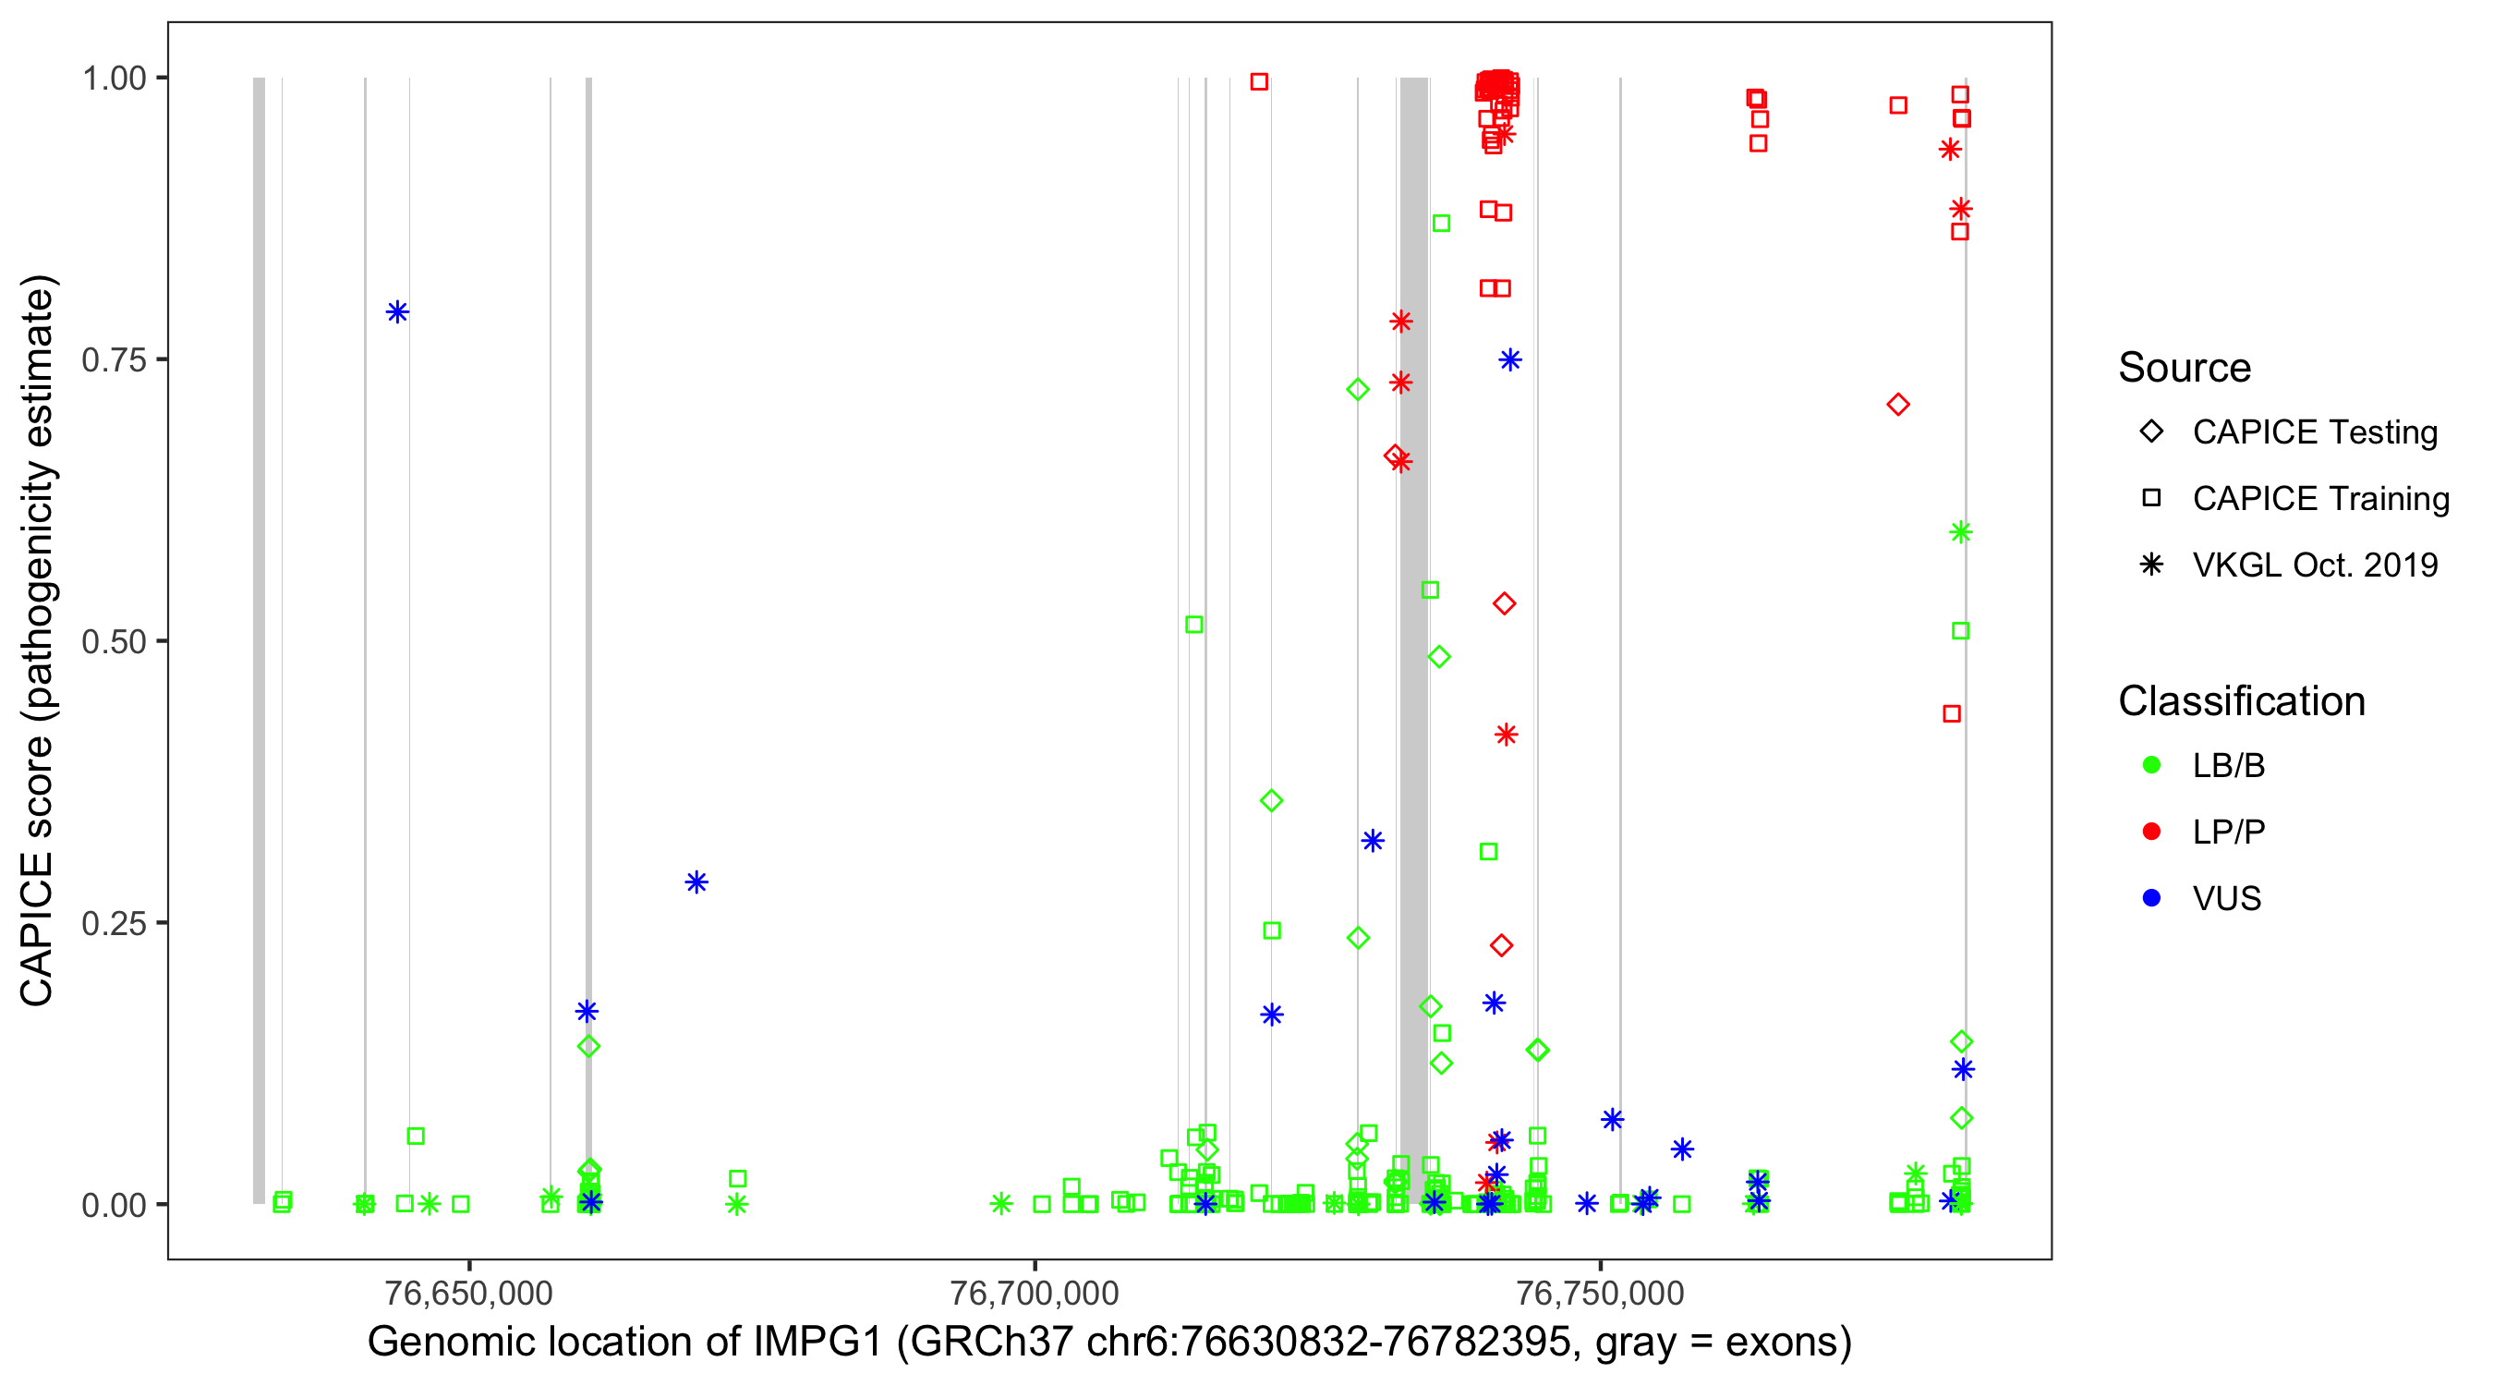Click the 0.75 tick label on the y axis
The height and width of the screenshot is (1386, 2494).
(x=113, y=359)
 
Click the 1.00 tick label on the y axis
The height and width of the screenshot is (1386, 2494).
(x=113, y=78)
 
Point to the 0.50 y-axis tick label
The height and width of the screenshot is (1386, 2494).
(x=113, y=641)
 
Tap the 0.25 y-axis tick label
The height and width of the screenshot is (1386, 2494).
(x=113, y=923)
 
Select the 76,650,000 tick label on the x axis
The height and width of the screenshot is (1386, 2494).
(x=468, y=1293)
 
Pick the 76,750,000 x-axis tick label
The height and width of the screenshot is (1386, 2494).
(x=1600, y=1293)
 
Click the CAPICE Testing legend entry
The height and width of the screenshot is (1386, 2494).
(x=2314, y=432)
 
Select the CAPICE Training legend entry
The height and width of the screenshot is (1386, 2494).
(x=2319, y=499)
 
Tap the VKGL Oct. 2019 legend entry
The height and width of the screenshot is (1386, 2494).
(x=2314, y=565)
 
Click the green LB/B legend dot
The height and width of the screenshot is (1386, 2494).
(x=2151, y=765)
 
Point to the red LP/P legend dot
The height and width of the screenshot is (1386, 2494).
(x=2151, y=832)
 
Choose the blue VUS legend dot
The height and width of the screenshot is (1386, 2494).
(x=2151, y=898)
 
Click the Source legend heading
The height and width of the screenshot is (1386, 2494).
(x=2185, y=368)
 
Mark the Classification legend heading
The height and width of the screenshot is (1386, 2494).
(x=2241, y=701)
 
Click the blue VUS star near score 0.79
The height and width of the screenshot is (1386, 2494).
(x=397, y=312)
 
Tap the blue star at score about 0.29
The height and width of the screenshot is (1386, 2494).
(x=696, y=882)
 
